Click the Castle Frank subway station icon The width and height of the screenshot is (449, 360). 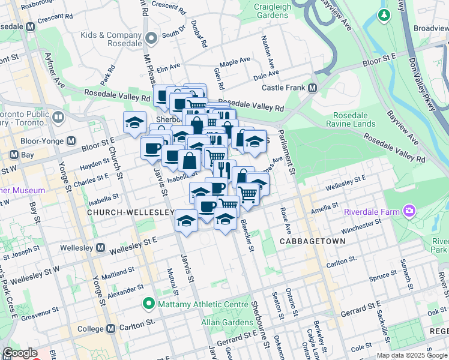[x=312, y=88]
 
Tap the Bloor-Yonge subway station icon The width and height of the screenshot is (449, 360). [x=71, y=141]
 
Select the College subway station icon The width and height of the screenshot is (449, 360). [x=110, y=329]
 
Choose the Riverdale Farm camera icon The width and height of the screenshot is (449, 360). [x=410, y=211]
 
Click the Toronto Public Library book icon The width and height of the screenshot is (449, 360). [x=58, y=116]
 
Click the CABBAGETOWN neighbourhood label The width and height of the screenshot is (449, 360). [x=312, y=241]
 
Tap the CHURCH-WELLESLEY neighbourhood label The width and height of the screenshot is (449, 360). [x=130, y=212]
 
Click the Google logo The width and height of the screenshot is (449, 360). [x=20, y=353]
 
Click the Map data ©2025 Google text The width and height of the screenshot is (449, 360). [x=411, y=355]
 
